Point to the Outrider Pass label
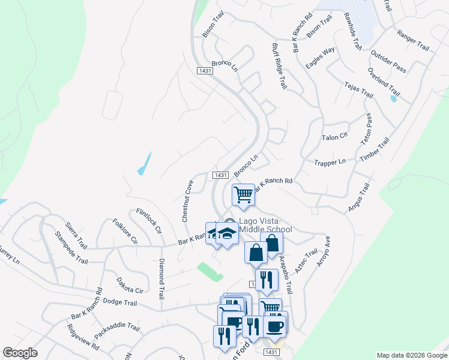(x=388, y=61)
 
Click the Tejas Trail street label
(x=358, y=91)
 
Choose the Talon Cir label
(x=335, y=137)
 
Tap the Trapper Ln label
(x=330, y=162)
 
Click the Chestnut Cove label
(x=187, y=201)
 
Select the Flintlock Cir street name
(x=149, y=221)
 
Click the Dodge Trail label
(x=120, y=302)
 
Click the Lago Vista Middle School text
(x=265, y=225)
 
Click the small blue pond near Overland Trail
(x=393, y=98)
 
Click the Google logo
(x=19, y=353)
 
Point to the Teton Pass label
(x=366, y=130)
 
